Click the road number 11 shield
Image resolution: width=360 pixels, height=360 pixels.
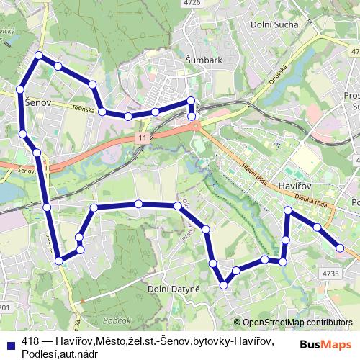pos(143,137)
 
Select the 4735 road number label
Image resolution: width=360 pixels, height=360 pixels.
pos(330,274)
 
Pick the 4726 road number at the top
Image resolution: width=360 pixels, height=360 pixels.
pos(192,3)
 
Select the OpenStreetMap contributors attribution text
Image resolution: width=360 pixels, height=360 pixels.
pos(297,323)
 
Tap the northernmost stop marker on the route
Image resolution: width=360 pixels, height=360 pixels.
pos(39,55)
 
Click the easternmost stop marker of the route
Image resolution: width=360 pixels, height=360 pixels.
pos(341,248)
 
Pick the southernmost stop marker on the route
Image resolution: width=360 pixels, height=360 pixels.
pos(224,285)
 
